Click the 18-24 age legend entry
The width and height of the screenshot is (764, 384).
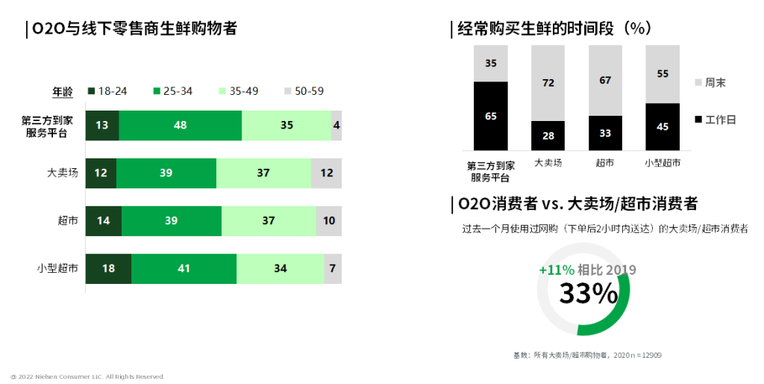click(x=107, y=91)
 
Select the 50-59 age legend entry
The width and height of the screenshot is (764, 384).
click(x=304, y=91)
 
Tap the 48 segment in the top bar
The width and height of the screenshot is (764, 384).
click(x=180, y=126)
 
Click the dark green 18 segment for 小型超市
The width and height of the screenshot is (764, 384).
click(x=108, y=268)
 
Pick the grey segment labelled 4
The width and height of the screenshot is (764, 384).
click(x=336, y=126)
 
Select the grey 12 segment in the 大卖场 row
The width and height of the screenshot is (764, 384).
click(x=326, y=173)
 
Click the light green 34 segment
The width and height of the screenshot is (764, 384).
click(x=280, y=268)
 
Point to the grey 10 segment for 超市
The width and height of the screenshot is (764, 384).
click(x=328, y=221)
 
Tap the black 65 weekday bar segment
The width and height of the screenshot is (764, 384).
click(x=490, y=117)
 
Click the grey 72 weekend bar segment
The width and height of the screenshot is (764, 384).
click(x=548, y=82)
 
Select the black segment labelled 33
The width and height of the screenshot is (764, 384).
click(x=605, y=133)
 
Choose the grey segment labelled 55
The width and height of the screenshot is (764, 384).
click(x=663, y=73)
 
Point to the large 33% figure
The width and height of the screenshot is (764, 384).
click(x=588, y=294)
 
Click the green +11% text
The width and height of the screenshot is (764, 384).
click(x=557, y=270)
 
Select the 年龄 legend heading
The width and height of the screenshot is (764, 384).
click(x=63, y=92)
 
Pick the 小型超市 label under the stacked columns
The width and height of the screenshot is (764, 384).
click(x=663, y=161)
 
